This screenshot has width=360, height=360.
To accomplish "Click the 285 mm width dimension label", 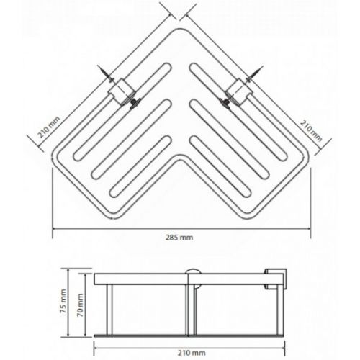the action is point(179,238).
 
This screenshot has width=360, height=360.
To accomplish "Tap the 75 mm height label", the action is point(63,301).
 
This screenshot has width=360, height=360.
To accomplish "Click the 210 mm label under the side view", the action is point(192,353).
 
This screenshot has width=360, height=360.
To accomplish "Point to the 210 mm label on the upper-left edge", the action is point(49,127).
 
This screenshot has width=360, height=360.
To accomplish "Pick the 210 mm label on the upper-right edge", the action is point(311,130).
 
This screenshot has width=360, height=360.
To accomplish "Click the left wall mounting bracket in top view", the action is point(122,91).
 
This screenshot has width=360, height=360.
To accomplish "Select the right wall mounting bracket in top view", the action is point(238,91).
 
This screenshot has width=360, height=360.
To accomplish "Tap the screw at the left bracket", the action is point(104,73).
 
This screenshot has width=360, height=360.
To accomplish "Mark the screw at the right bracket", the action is point(254,73).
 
